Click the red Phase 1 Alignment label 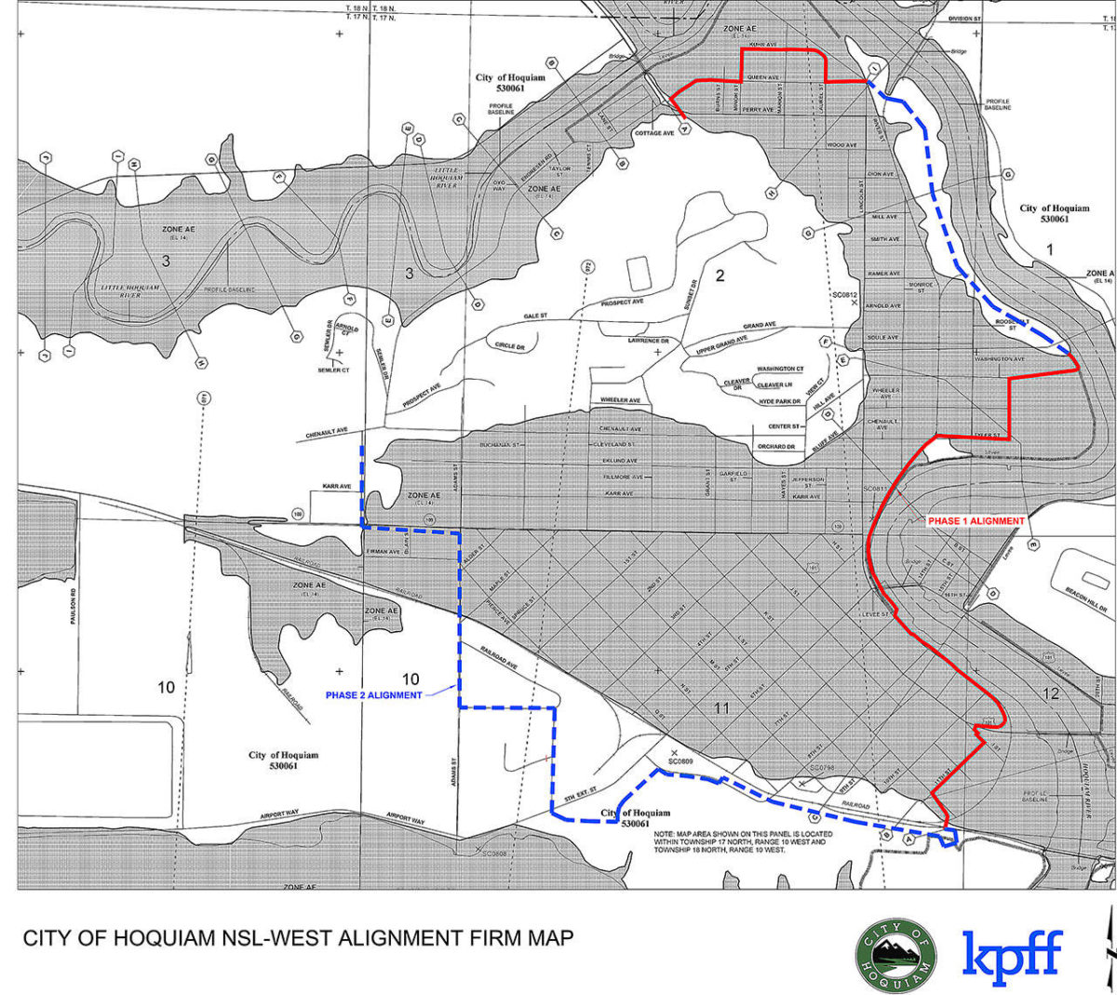click(976, 521)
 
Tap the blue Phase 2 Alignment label click(373, 695)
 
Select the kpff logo click(1012, 956)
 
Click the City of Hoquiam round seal click(896, 956)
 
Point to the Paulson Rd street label click(74, 605)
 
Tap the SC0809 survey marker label click(681, 761)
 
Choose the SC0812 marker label click(844, 295)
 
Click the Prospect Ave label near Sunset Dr click(622, 303)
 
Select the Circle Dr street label click(509, 346)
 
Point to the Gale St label click(535, 316)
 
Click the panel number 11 click(721, 708)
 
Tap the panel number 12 click(1051, 693)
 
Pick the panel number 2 click(720, 276)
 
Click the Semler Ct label click(333, 370)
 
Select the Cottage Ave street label click(654, 133)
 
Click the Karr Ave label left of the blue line click(337, 487)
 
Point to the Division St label click(964, 19)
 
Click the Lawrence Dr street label click(648, 342)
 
